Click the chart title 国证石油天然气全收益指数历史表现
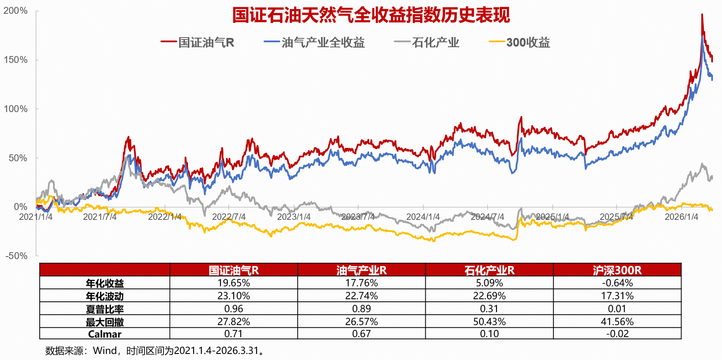point(371,15)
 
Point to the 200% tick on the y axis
point(16,11)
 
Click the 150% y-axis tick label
point(16,60)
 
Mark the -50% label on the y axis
point(17,256)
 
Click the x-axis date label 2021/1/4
point(36,217)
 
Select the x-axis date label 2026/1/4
point(681,217)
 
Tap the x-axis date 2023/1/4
point(294,217)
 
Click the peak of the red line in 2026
point(702,15)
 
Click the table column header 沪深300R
point(617,270)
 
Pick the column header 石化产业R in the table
point(489,270)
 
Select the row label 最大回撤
point(105,322)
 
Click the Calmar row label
point(105,334)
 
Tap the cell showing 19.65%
point(234,283)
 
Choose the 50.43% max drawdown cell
point(489,322)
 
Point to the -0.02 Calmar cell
point(617,334)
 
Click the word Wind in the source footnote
point(105,351)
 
